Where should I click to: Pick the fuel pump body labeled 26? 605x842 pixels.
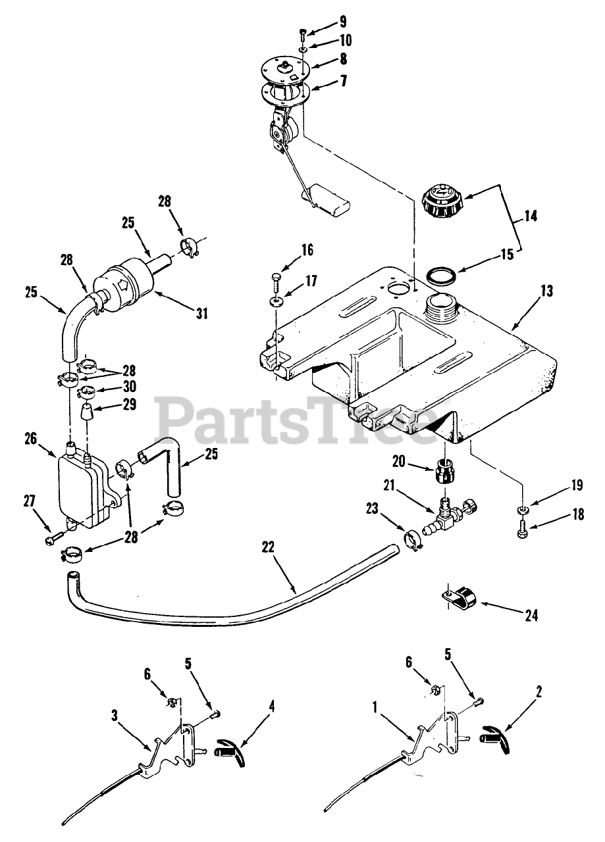click(82, 490)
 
